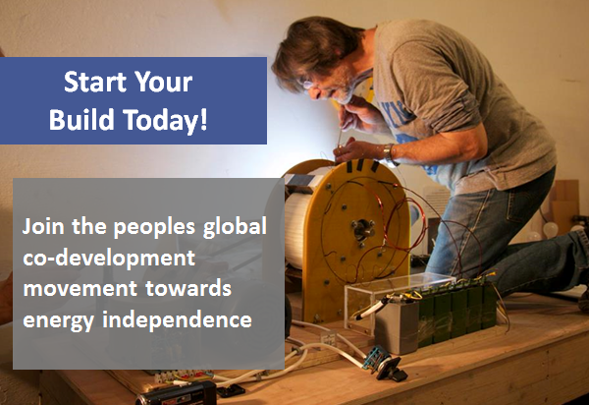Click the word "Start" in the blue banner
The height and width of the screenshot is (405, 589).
coord(95,82)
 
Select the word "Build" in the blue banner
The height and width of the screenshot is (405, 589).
coord(81,119)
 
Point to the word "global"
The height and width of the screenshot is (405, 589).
coord(235,226)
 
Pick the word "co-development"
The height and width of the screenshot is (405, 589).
coord(109,259)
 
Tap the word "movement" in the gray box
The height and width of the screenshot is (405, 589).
coord(80,289)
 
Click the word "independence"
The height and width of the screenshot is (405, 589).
coord(177,319)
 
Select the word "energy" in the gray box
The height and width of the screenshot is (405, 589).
coord(58,321)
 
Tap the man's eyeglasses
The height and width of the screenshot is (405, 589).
coord(310,85)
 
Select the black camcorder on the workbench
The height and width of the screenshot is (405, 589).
coord(177,394)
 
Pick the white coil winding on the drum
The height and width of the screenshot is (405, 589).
coord(297,230)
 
